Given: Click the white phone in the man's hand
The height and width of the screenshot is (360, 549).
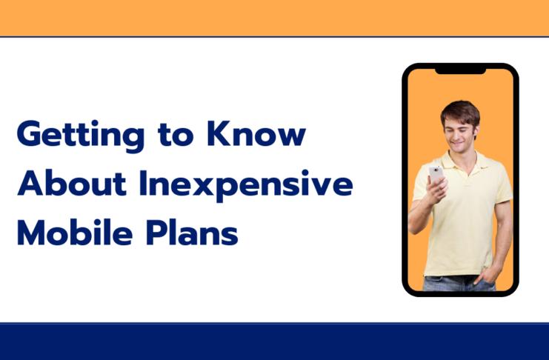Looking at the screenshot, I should coord(436,174).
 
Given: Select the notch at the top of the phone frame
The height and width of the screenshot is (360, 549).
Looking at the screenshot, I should coord(459,70).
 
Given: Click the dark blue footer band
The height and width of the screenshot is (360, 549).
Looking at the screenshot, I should coord(274,341).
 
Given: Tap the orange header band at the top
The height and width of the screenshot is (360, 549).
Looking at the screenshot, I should coord(274,17).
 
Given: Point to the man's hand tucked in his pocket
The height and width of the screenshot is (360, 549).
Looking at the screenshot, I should coord(485,280).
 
